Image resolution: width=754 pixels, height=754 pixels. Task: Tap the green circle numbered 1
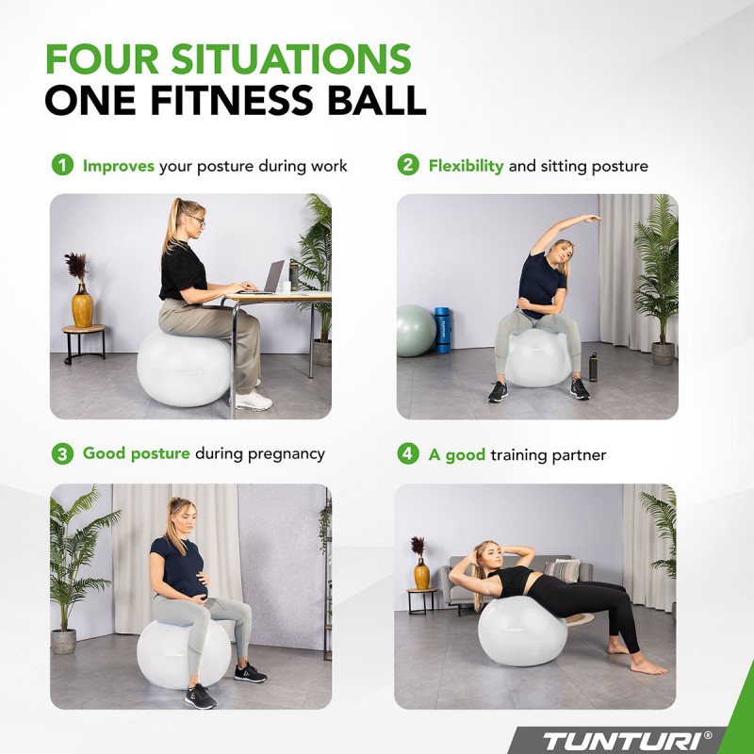point(61,166)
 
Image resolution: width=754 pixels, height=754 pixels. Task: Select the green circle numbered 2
point(407,166)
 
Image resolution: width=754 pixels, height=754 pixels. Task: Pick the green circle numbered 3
point(61,453)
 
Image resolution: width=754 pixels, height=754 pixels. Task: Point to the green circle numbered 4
point(407,454)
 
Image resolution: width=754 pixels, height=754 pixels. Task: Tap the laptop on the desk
point(272,278)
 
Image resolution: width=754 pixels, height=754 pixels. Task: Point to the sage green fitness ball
point(414,331)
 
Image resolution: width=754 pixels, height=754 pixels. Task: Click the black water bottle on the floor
point(593,367)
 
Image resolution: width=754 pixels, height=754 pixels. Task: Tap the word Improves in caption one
point(119,166)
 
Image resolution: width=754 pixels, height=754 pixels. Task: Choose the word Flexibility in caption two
point(466,166)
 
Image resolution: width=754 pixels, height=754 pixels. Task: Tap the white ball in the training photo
point(522,631)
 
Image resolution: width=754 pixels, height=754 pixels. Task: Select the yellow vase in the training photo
point(421,573)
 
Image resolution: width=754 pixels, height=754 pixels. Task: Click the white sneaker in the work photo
point(252,400)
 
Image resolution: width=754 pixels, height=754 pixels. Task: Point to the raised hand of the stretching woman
point(591,220)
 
